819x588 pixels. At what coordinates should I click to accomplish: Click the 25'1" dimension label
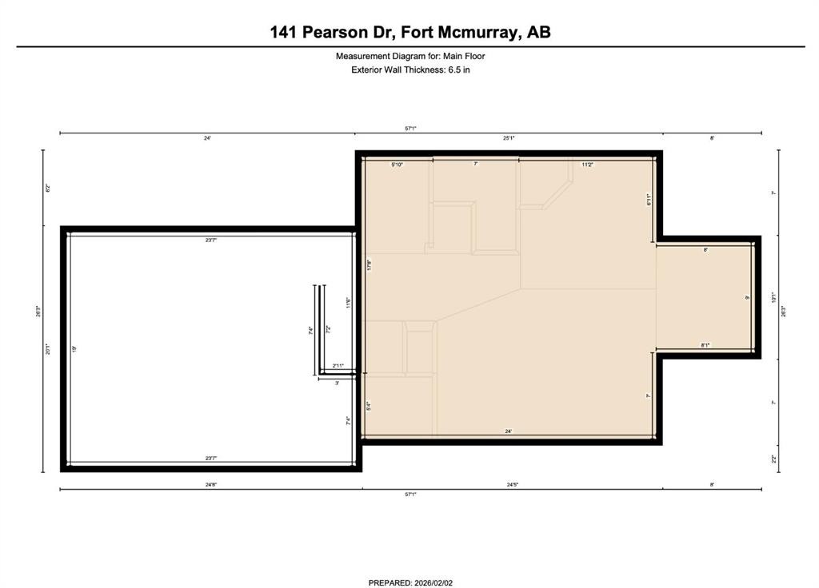509,138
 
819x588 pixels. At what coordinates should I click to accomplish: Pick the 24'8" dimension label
210,484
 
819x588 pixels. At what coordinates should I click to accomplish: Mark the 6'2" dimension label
48,189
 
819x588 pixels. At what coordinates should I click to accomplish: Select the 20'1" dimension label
48,349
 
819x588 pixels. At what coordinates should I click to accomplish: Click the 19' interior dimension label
74,348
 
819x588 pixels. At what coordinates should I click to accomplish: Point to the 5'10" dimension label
397,165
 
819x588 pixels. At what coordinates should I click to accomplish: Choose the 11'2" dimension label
587,165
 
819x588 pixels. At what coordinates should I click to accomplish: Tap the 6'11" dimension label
649,201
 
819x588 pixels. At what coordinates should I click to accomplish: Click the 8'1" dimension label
705,345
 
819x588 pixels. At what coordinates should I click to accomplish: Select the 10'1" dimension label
773,297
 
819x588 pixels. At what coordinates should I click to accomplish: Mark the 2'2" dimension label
773,459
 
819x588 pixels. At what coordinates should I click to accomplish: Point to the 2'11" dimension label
339,366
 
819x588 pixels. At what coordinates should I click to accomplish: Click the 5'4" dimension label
368,406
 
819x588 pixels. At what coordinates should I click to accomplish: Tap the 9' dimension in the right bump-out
746,297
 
